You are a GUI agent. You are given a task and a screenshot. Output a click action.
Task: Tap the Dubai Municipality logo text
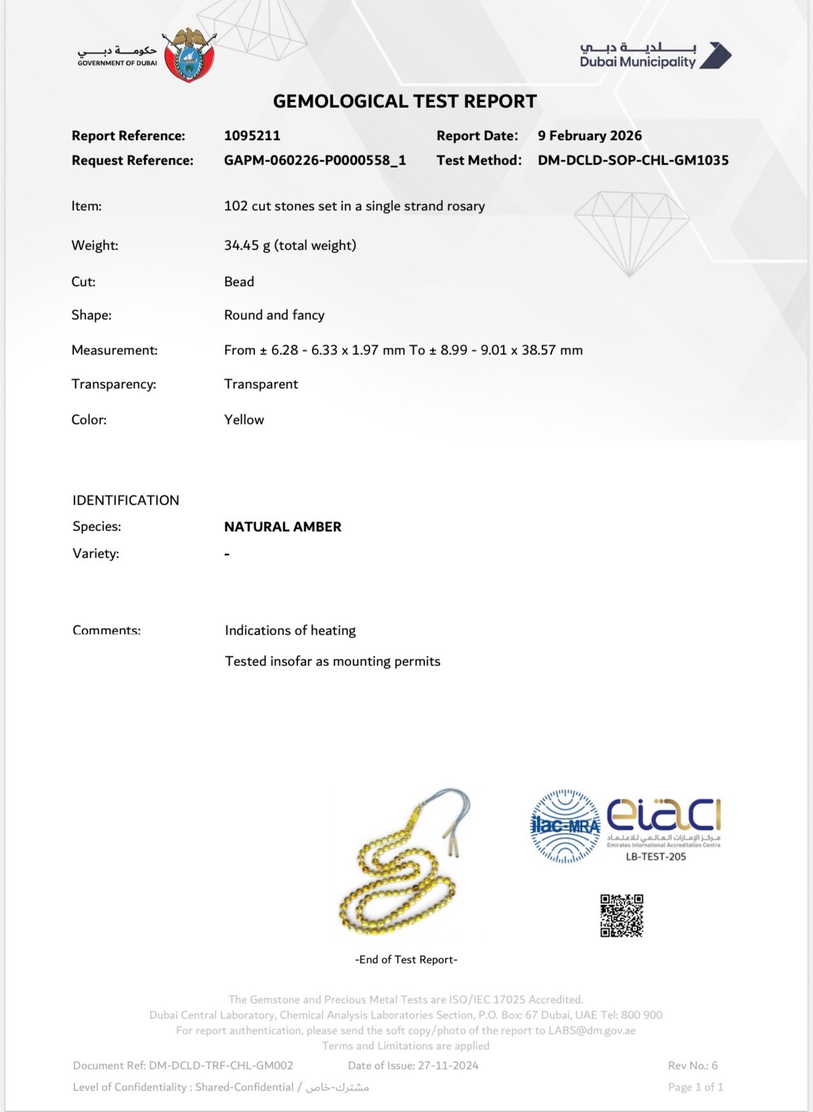coord(637,62)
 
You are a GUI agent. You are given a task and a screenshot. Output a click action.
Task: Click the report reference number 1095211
coord(252,136)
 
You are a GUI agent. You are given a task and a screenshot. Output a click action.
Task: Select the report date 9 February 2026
coord(589,136)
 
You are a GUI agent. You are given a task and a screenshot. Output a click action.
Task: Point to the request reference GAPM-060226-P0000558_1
coord(315,160)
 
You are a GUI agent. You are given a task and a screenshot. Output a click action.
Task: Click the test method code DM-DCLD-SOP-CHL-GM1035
coord(633,160)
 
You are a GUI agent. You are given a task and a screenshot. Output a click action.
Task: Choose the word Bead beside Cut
coord(239,282)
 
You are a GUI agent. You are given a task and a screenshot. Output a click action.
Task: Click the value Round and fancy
coord(274,315)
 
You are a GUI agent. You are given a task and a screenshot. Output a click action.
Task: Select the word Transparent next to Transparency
coord(261,384)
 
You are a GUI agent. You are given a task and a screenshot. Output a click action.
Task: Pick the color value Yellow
coord(244,420)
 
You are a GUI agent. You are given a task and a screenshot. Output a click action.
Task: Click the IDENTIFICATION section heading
coord(126,500)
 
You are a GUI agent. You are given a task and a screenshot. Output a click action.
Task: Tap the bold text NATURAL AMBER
coord(283,527)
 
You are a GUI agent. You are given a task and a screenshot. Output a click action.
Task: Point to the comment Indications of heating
coord(290,630)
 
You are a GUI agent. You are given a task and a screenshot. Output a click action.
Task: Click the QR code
coord(621,915)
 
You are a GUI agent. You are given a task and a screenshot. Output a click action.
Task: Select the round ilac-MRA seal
coord(565,826)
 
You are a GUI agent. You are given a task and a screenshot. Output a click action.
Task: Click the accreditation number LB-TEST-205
coord(655,856)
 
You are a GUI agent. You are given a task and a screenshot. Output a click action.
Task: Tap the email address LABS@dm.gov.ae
coord(592,1030)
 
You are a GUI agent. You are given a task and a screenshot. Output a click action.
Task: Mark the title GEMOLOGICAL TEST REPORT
coord(405,101)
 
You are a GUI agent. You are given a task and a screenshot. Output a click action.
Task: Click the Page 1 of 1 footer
coord(695,1087)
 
